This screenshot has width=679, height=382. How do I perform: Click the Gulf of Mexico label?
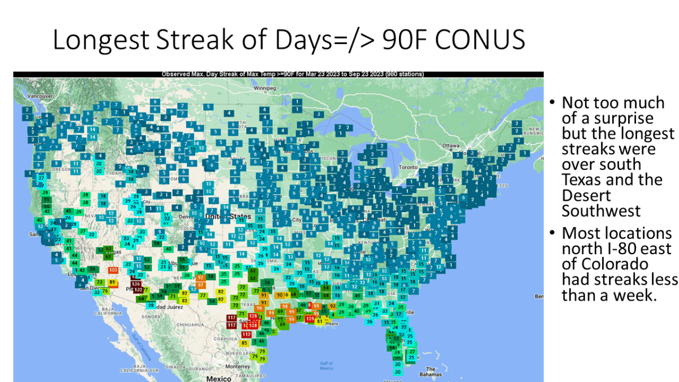326,366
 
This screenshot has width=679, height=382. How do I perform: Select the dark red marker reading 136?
136,284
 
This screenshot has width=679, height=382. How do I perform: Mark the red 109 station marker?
310,319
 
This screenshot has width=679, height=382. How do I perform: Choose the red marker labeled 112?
246,334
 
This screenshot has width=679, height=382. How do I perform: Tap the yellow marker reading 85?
244,343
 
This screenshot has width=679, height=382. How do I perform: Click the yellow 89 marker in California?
112,282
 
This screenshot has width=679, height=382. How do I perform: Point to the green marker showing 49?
357,295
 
